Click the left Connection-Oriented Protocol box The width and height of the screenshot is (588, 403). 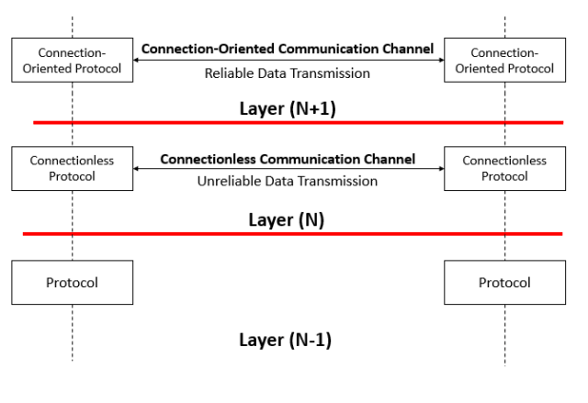(x=72, y=60)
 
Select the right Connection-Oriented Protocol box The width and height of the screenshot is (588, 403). (x=504, y=60)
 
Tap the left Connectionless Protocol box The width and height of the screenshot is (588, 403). (x=72, y=168)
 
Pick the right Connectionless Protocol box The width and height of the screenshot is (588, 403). (x=504, y=168)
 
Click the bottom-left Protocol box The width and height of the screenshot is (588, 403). (x=72, y=282)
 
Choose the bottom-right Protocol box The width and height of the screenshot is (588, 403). (x=504, y=282)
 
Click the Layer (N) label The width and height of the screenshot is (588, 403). (x=288, y=220)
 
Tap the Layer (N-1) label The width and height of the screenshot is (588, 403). (x=285, y=340)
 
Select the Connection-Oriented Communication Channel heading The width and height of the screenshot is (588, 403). (x=288, y=49)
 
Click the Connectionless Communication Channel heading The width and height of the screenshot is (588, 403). (x=288, y=158)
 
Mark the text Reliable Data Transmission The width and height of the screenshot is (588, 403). (x=288, y=73)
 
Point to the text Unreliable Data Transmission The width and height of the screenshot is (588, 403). (x=288, y=181)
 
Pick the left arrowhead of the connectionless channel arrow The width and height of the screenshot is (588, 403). (x=136, y=169)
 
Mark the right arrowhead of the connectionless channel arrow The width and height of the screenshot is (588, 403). (x=440, y=169)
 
